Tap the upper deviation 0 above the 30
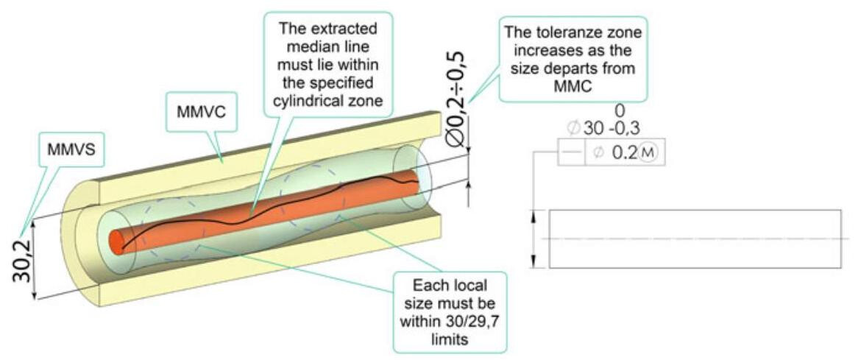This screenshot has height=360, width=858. click(x=619, y=110)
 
